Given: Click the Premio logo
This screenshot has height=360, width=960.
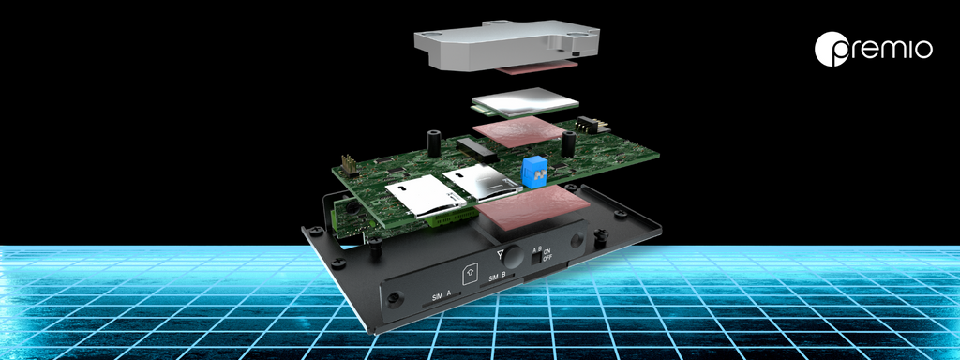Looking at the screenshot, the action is pyautogui.click(x=873, y=49).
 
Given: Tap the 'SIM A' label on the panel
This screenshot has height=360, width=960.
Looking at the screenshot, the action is pyautogui.click(x=442, y=296).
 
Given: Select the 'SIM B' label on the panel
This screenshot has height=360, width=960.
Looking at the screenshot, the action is pyautogui.click(x=497, y=277).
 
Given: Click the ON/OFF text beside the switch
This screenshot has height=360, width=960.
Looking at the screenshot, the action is pyautogui.click(x=547, y=255).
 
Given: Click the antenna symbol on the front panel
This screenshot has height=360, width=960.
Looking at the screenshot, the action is pyautogui.click(x=502, y=254).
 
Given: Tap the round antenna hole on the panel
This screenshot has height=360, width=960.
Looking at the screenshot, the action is pyautogui.click(x=515, y=258).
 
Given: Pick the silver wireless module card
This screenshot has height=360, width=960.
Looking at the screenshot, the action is pyautogui.click(x=525, y=102).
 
